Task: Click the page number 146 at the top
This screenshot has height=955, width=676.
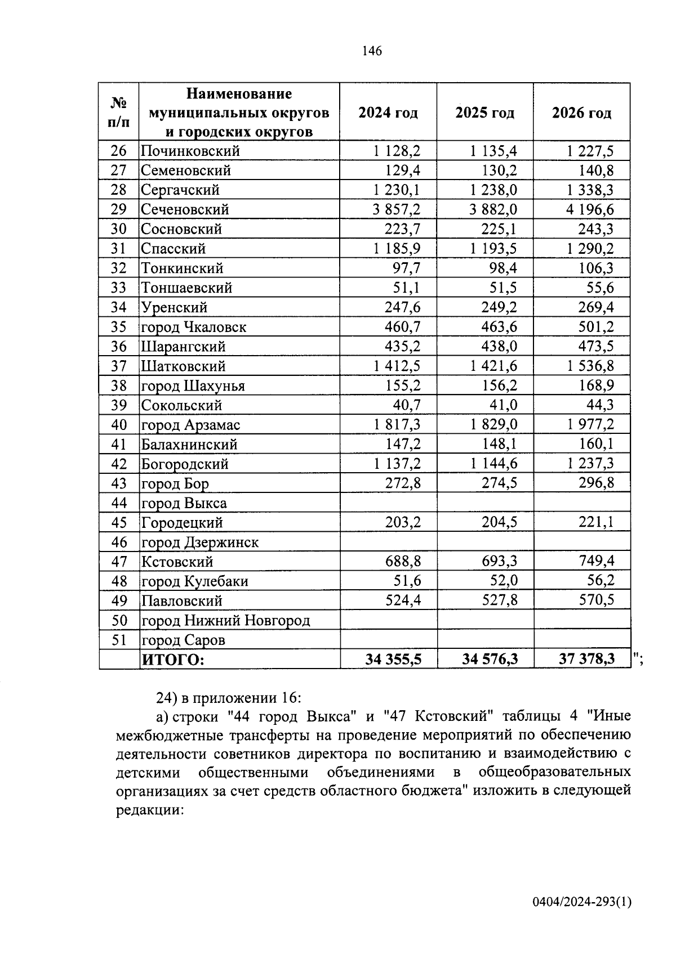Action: pyautogui.click(x=372, y=52)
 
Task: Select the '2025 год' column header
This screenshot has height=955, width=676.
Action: pyautogui.click(x=484, y=113)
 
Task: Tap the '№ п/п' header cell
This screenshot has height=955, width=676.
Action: pyautogui.click(x=119, y=112)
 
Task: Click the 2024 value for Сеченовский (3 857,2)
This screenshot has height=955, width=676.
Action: pyautogui.click(x=397, y=210)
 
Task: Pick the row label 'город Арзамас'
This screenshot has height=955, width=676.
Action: pyautogui.click(x=190, y=425)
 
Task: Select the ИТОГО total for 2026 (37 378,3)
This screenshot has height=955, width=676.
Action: pyautogui.click(x=586, y=659)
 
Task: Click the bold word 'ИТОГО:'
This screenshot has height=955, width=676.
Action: pyautogui.click(x=172, y=660)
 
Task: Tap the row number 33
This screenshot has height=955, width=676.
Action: pyautogui.click(x=119, y=288)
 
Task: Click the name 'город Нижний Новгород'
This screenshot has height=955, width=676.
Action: pyautogui.click(x=225, y=621)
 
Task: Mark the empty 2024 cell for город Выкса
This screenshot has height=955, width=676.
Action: pyautogui.click(x=389, y=503)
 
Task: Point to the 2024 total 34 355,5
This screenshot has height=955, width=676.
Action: pyautogui.click(x=393, y=659)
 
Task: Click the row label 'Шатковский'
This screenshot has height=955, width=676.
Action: pyautogui.click(x=183, y=366)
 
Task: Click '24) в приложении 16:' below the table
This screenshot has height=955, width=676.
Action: pyautogui.click(x=229, y=698)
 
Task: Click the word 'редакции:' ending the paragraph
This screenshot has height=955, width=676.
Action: pyautogui.click(x=150, y=810)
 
